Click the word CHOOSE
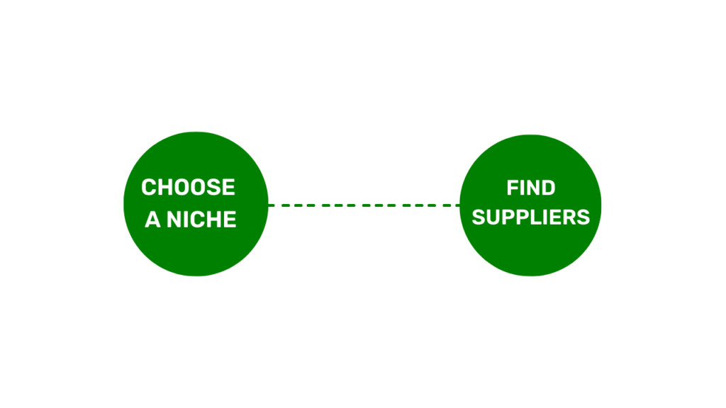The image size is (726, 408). [x=188, y=187]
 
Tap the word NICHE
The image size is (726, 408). [x=201, y=220]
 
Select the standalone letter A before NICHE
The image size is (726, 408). [x=152, y=220]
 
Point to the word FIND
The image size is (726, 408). [x=530, y=188]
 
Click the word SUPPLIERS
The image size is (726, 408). [x=530, y=217]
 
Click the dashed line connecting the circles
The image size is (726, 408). [x=364, y=205]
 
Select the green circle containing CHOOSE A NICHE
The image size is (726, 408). [x=196, y=204]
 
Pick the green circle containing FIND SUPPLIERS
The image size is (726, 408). [x=530, y=205]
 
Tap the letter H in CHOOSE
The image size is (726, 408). [x=166, y=187]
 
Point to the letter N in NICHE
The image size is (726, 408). [x=174, y=220]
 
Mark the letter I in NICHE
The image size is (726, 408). [x=187, y=220]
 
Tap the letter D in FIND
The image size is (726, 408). [x=548, y=188]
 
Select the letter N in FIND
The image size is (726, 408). [x=532, y=188]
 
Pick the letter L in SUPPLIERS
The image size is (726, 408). [x=537, y=217]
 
